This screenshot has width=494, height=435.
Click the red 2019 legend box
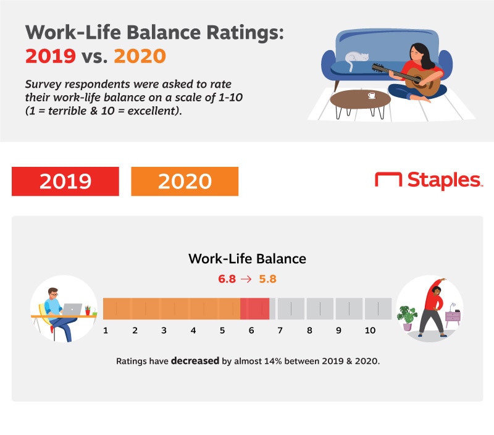[x=65, y=181]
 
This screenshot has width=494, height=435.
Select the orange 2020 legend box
[x=185, y=181]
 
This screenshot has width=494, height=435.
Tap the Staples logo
[x=429, y=180]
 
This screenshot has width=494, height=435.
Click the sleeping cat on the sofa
[x=356, y=60]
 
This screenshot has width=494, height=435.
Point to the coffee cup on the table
[x=372, y=95]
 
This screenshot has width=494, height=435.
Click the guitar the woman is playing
[x=409, y=79]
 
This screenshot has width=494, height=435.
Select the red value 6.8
[x=227, y=279]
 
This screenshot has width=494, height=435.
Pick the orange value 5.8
[x=267, y=279]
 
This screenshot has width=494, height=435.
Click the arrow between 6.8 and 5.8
[x=246, y=279]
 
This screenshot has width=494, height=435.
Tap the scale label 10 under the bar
[x=370, y=331]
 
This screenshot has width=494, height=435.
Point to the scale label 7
[x=280, y=331]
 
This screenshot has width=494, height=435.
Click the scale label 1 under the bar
[x=106, y=331]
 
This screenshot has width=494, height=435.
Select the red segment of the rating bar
[x=254, y=308]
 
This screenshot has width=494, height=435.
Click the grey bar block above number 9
[x=349, y=308]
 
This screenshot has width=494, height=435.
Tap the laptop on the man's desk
[x=72, y=309]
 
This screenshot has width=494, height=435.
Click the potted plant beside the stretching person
[x=407, y=318]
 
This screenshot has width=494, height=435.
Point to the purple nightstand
[x=453, y=318]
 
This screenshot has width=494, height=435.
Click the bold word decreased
[x=195, y=361]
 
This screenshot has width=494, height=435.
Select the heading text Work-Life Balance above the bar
[x=248, y=259]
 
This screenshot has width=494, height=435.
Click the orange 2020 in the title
[x=140, y=56]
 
